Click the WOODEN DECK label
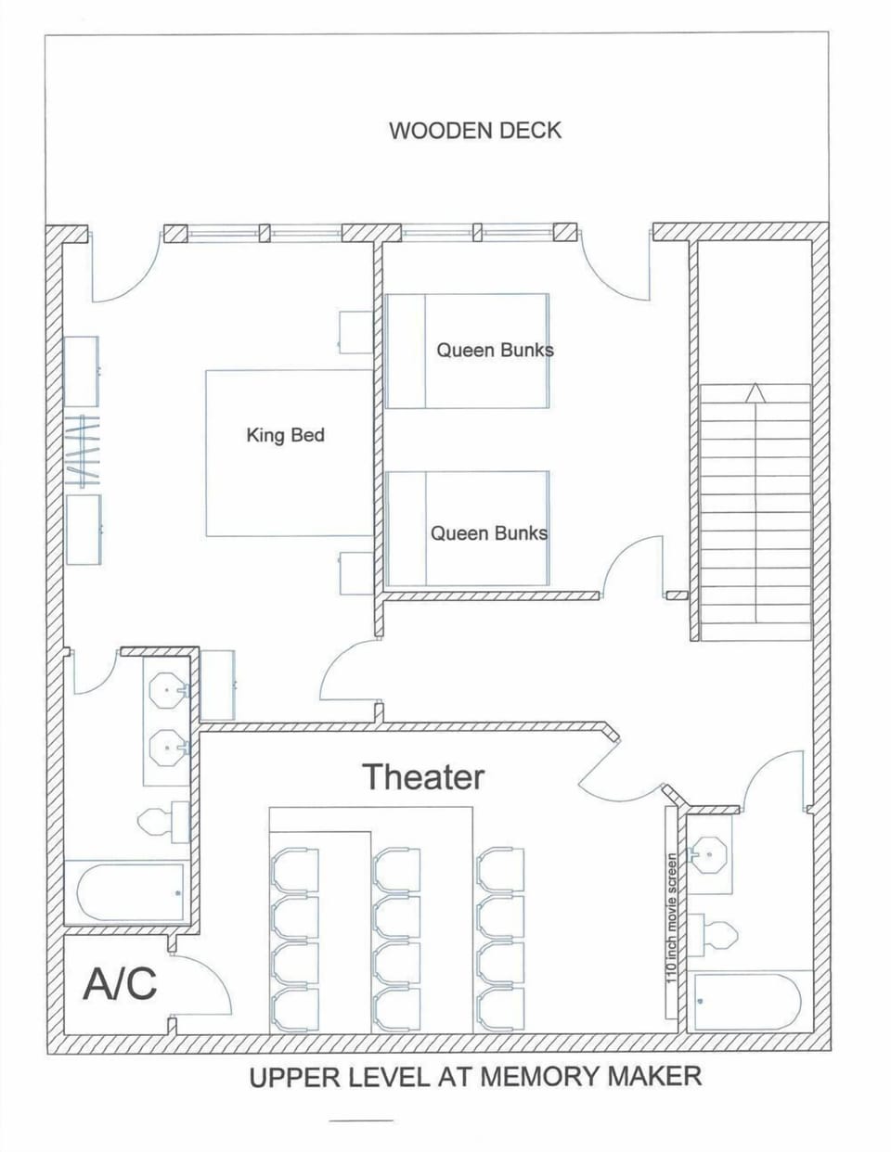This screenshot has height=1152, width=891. point(474,130)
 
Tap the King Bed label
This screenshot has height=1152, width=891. point(285,434)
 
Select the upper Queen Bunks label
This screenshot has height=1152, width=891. point(495,350)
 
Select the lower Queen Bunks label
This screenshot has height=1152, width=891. point(488,532)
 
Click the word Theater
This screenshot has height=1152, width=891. point(422,776)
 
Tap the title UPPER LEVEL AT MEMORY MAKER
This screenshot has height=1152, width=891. point(474,1077)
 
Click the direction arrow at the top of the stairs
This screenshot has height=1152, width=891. point(755,393)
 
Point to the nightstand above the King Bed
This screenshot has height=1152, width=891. point(355,332)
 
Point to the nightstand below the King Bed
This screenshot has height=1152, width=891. point(355,572)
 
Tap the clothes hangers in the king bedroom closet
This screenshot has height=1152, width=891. point(84,452)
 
